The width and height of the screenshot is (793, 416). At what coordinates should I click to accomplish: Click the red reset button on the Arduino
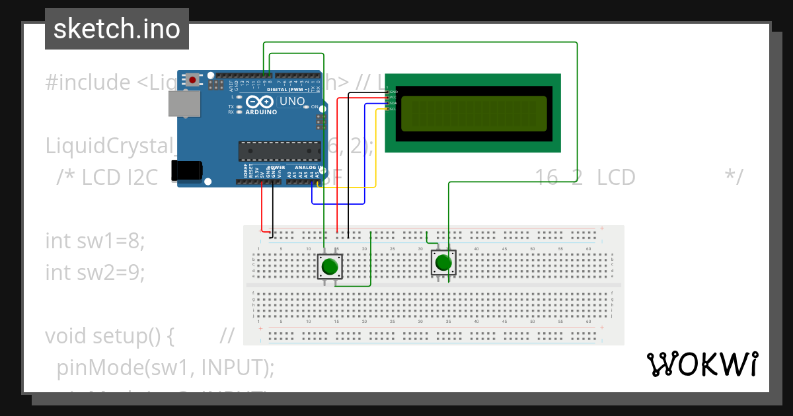pyautogui.click(x=192, y=80)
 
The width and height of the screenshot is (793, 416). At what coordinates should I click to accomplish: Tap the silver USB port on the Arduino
pyautogui.click(x=184, y=104)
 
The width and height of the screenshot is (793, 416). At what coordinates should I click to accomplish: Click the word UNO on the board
pyautogui.click(x=292, y=101)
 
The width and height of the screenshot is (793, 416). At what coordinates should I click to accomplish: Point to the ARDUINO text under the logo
pyautogui.click(x=262, y=112)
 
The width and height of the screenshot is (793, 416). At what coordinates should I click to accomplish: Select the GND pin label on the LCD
pyautogui.click(x=393, y=92)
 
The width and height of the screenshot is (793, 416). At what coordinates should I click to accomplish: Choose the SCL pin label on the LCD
pyautogui.click(x=393, y=109)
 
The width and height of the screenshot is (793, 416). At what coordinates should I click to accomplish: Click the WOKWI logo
pyautogui.click(x=702, y=364)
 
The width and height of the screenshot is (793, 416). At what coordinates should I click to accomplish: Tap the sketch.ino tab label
pyautogui.click(x=117, y=29)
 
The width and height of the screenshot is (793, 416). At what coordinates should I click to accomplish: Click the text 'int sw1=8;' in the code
pyautogui.click(x=94, y=240)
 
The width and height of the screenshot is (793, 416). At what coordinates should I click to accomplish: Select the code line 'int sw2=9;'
pyautogui.click(x=94, y=271)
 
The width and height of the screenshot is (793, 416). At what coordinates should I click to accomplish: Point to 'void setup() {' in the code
pyautogui.click(x=109, y=335)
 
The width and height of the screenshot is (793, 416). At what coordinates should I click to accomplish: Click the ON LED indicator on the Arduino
pyautogui.click(x=315, y=106)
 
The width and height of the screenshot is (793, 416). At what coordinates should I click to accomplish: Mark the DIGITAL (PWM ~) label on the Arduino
pyautogui.click(x=289, y=89)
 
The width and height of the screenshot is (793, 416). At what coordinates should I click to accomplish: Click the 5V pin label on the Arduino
pyautogui.click(x=263, y=174)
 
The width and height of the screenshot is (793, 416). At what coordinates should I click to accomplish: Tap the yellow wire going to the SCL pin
pyautogui.click(x=376, y=152)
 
